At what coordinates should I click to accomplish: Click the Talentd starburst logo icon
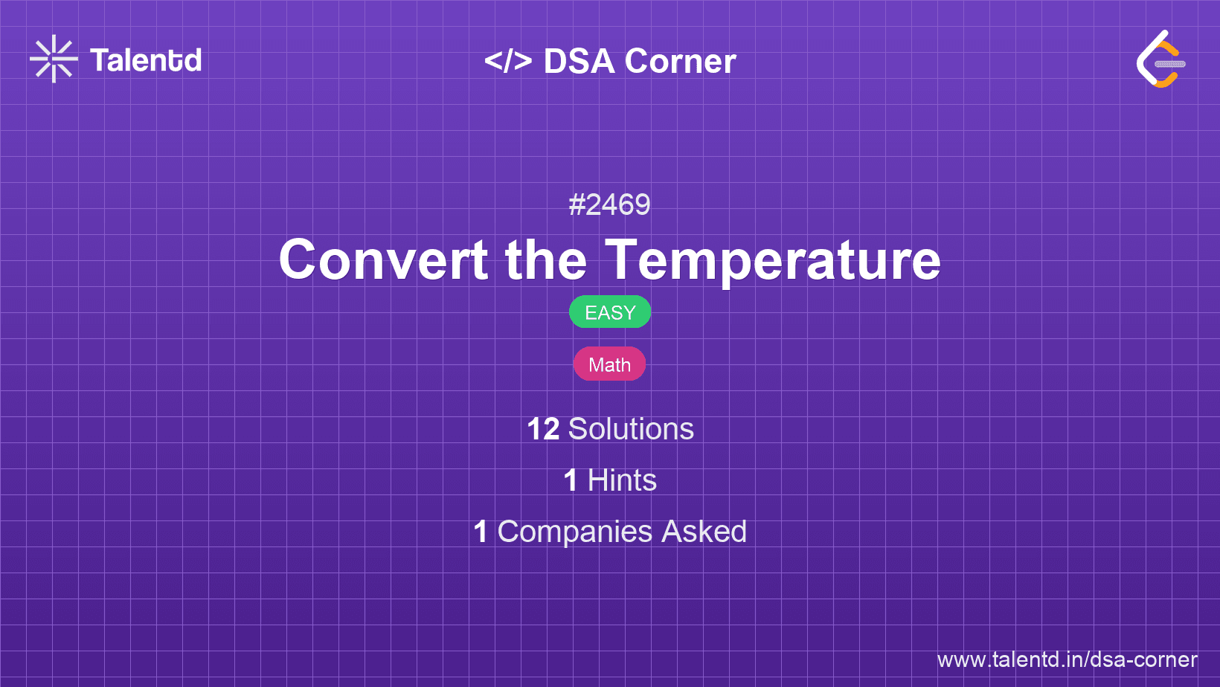coord(54,59)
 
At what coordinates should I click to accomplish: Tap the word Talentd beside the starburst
coord(146,60)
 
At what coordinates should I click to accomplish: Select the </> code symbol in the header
coord(507,61)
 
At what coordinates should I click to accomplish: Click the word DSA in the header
coord(579,61)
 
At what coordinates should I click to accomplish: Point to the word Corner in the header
coord(680,61)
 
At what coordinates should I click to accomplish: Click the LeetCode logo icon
coord(1160,59)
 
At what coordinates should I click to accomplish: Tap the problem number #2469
coord(609,204)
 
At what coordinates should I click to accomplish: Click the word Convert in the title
coord(383,259)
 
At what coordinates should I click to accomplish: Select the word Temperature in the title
coord(772,261)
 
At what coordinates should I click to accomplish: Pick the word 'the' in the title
coord(546,259)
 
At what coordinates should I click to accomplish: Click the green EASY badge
coord(610,312)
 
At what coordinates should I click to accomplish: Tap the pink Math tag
coord(609,364)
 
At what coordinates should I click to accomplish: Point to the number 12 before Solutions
coord(543,429)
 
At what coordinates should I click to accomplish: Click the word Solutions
coord(631,429)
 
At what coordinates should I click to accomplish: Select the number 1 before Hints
coord(571,480)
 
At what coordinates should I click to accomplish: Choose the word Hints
coord(622,480)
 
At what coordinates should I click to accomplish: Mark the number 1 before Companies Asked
coord(480,532)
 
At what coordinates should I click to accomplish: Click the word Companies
coord(574,532)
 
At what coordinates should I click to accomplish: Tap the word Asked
coord(704,532)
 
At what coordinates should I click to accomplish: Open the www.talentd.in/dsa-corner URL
coord(1067,659)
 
